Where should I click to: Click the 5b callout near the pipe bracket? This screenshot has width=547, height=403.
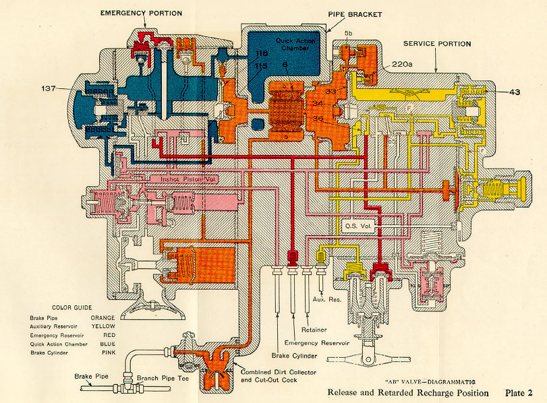coord(348,32)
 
